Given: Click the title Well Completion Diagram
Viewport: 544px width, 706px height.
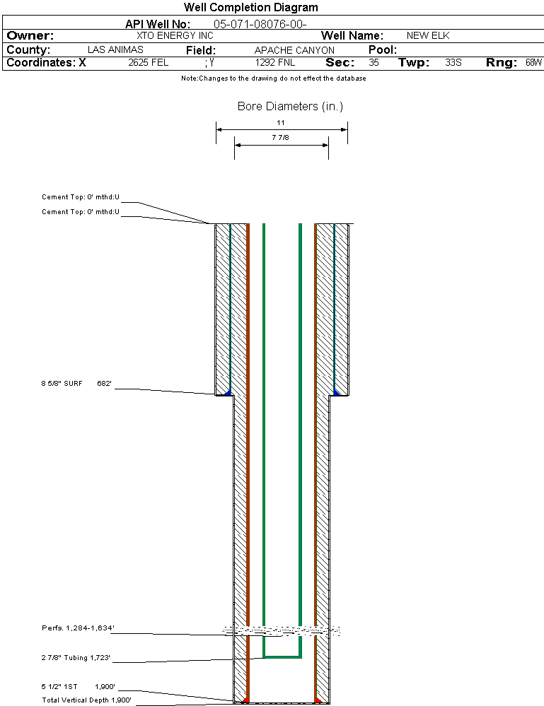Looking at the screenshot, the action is point(250,7).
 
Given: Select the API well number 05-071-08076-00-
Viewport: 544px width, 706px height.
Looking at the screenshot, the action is point(260,24).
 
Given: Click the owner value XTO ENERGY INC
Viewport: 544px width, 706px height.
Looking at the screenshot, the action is point(175,35).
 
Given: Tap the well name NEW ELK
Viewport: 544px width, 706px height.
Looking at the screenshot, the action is point(428,35).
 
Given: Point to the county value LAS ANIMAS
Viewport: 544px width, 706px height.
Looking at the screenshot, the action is point(115,49).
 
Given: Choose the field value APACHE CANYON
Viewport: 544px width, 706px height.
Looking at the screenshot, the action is point(294,50).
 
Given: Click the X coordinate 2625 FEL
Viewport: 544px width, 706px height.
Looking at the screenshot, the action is point(149,62).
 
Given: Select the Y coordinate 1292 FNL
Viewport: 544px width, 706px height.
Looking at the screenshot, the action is point(275,62).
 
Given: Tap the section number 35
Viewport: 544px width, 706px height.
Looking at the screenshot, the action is point(374,62).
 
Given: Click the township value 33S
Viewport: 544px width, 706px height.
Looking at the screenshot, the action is point(453,62).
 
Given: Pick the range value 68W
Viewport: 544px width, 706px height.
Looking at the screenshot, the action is point(533,62).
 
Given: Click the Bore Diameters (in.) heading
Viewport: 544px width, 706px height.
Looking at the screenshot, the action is point(290,106).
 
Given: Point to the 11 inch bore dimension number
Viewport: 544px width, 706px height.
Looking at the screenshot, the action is point(281,122).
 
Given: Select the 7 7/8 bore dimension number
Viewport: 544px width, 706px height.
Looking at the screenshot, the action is point(280,137).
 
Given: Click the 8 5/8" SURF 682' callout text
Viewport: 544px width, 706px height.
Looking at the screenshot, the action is point(76,384).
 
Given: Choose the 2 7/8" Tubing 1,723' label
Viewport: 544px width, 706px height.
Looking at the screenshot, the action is point(76,657).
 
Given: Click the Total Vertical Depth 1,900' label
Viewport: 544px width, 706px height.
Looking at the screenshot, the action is point(86,700).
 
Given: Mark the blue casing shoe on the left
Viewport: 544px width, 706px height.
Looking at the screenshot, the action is point(228,393).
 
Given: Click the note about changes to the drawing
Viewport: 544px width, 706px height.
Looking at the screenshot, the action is point(274,78).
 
